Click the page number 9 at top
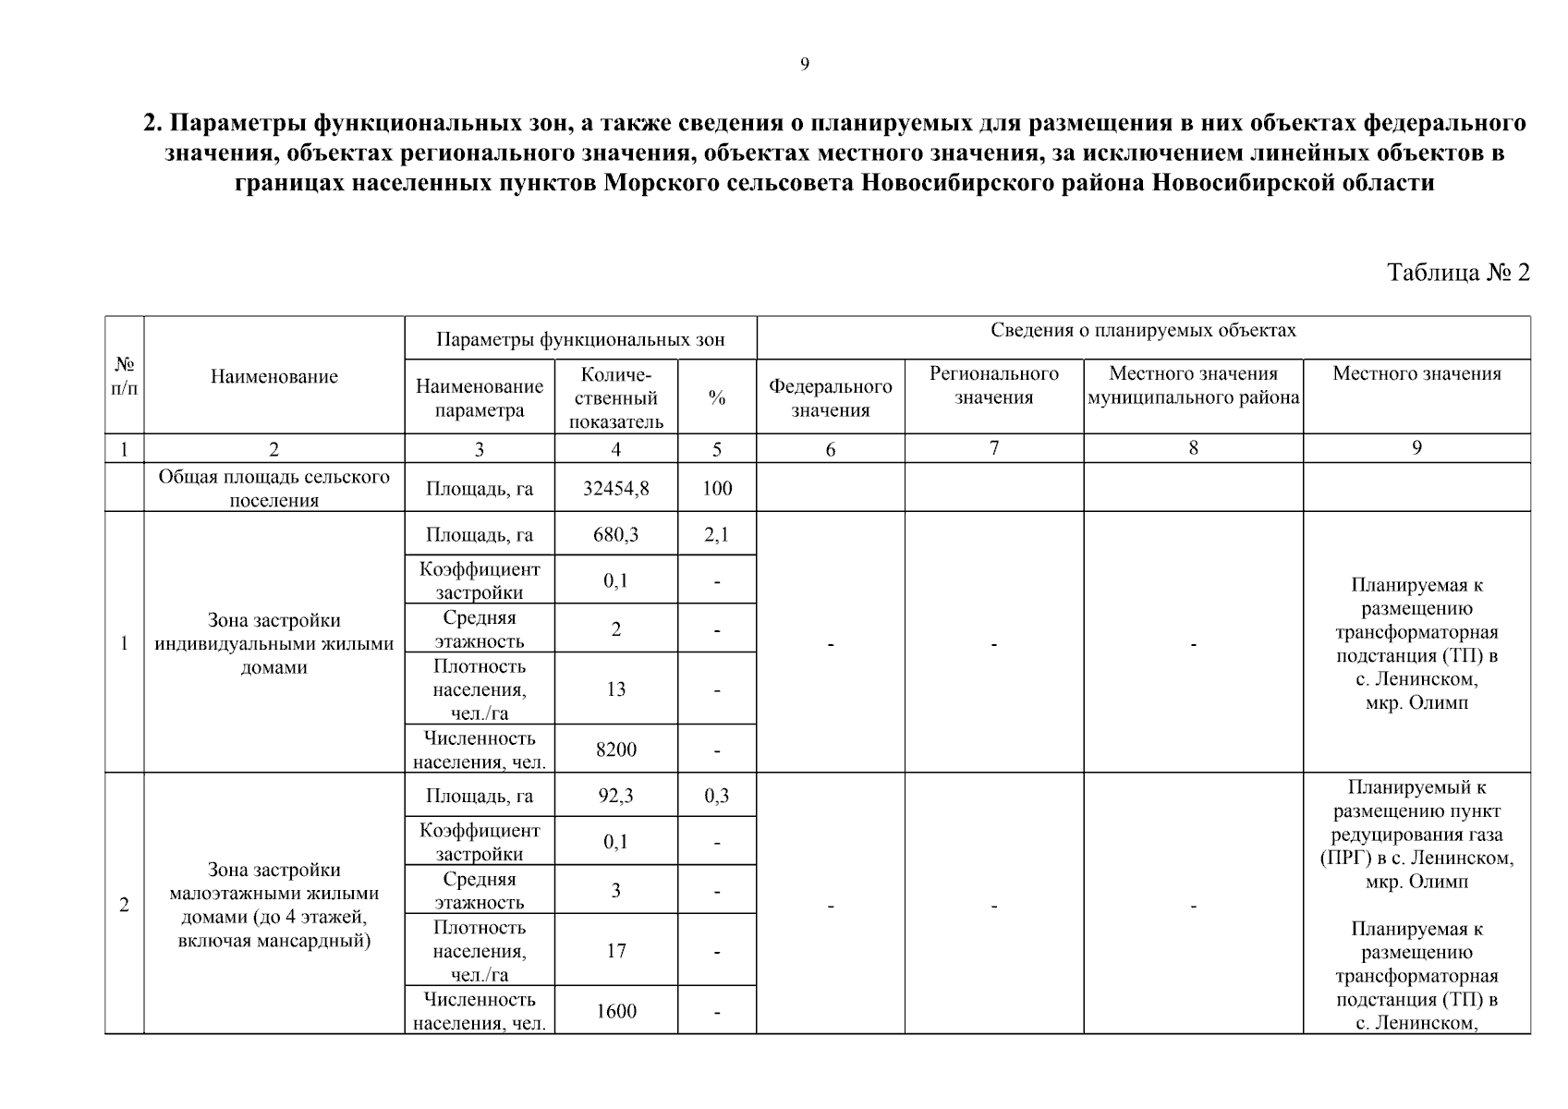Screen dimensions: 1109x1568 (x=804, y=64)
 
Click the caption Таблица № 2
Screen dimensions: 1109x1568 (x=1458, y=273)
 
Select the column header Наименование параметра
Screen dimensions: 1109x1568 (x=479, y=398)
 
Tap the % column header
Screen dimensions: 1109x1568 (x=716, y=398)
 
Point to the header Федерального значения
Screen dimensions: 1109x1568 (x=830, y=398)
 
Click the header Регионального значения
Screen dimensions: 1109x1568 (x=993, y=385)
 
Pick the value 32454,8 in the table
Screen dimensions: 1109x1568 (x=615, y=488)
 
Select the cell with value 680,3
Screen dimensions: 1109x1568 (x=615, y=535)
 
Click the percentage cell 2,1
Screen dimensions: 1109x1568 (x=716, y=535)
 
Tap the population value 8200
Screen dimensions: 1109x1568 (x=615, y=749)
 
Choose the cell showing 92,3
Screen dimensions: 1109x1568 (x=615, y=796)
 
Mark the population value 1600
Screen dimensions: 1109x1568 (x=615, y=1011)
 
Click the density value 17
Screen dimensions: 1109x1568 (x=615, y=951)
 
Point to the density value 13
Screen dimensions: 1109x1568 (x=615, y=689)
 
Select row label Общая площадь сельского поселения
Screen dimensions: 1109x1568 (x=273, y=488)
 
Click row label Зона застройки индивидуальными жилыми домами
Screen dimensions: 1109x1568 (x=273, y=643)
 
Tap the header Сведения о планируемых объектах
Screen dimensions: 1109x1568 (x=1143, y=331)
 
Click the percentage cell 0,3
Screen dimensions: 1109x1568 (x=716, y=796)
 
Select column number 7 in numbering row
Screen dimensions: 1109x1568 (x=993, y=448)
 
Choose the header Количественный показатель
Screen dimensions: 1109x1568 (x=615, y=398)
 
